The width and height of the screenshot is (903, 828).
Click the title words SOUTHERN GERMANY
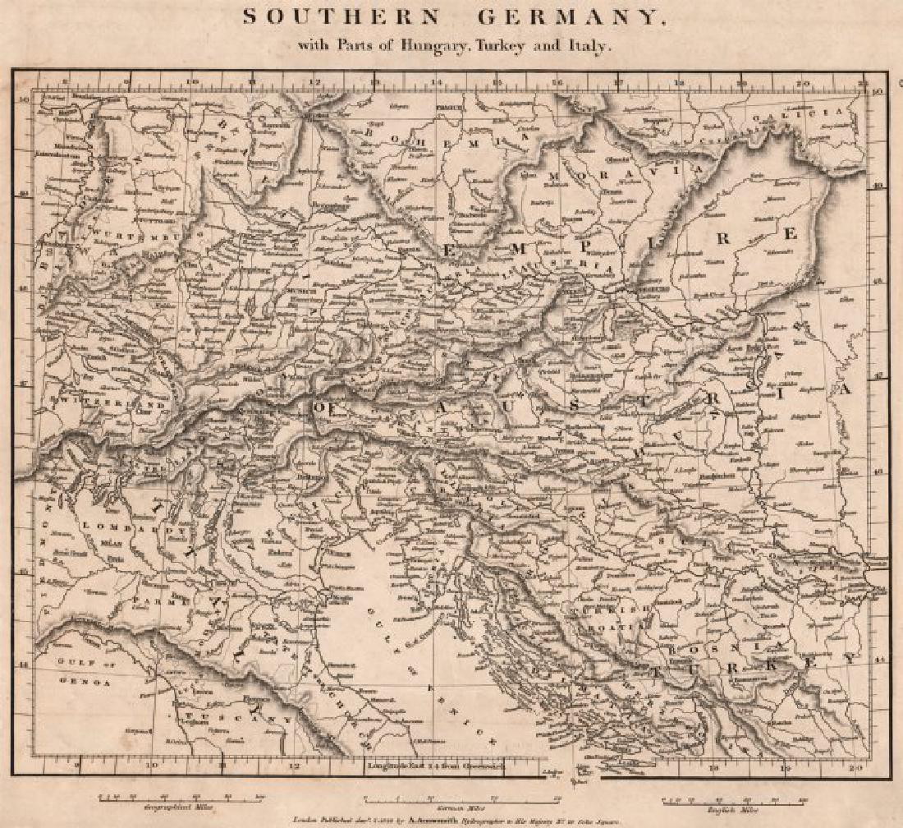(453, 19)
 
